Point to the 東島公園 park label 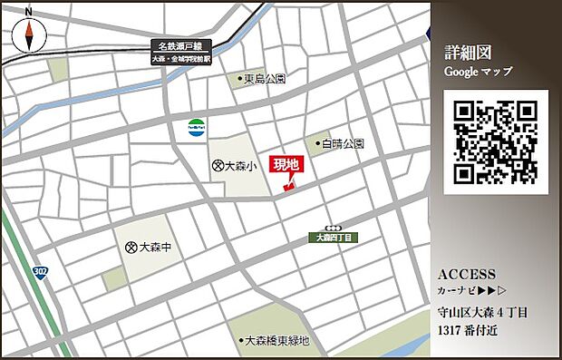[266, 79]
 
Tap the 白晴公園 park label [342, 143]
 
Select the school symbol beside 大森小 [218, 166]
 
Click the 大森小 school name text [241, 166]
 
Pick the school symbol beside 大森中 [131, 247]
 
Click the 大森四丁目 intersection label [334, 237]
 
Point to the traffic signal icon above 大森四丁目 [334, 227]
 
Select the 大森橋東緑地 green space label [276, 341]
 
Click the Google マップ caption [478, 71]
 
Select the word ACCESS [466, 274]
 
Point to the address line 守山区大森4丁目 [482, 314]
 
